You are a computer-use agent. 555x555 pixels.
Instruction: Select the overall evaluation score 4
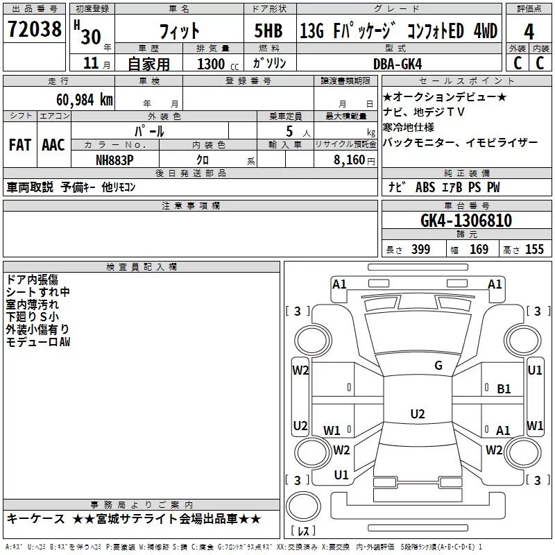pyautogui.click(x=529, y=31)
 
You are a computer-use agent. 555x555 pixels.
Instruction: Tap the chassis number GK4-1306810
pyautogui.click(x=466, y=221)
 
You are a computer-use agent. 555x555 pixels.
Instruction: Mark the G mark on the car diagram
pyautogui.click(x=438, y=366)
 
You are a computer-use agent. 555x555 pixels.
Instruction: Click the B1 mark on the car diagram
pyautogui.click(x=504, y=389)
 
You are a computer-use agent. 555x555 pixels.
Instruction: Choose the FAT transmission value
pyautogui.click(x=19, y=145)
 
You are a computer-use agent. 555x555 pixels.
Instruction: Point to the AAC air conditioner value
pyautogui.click(x=53, y=145)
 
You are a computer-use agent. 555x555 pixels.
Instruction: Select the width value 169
pyautogui.click(x=479, y=250)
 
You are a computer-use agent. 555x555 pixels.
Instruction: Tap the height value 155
pyautogui.click(x=534, y=250)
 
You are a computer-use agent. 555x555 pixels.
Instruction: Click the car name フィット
pyautogui.click(x=179, y=31)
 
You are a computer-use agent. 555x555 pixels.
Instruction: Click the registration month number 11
pyautogui.click(x=91, y=64)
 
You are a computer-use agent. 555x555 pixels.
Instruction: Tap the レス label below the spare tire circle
pyautogui.click(x=302, y=532)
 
